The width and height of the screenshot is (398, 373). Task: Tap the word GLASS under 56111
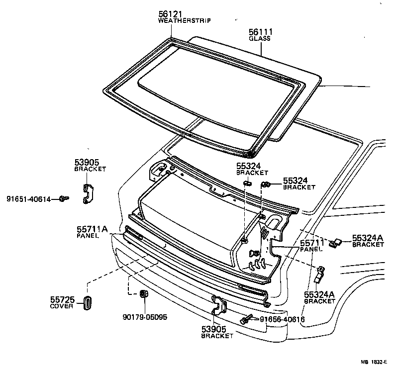261,38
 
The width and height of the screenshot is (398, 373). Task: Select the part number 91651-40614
28,199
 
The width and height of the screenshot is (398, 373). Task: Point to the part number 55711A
92,229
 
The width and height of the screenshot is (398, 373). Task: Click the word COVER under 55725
62,306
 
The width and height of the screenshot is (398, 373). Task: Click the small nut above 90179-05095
143,294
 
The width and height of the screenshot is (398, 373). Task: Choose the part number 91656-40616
282,319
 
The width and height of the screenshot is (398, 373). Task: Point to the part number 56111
261,32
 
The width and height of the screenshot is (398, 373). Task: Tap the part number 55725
62,299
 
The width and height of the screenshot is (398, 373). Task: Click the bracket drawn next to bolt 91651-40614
88,193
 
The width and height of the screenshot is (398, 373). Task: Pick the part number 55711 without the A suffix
311,243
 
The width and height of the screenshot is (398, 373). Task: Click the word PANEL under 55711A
88,236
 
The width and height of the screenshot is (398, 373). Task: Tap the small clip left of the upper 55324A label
337,242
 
